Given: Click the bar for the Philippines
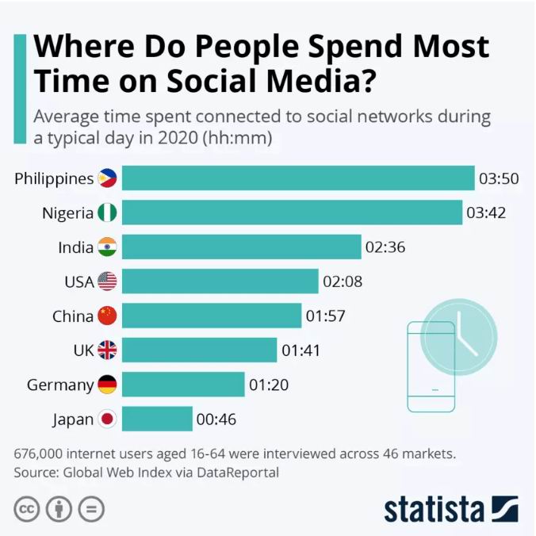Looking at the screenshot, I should click(x=297, y=178).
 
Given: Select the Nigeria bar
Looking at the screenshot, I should click(x=292, y=212).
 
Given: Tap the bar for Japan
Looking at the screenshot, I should click(x=157, y=419).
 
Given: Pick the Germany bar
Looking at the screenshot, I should click(x=183, y=385).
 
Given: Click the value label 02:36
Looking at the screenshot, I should click(x=385, y=247).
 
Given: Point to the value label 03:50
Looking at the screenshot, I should click(x=499, y=178).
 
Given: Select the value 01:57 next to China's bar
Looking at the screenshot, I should click(x=325, y=316).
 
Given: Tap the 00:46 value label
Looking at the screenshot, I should click(x=216, y=419).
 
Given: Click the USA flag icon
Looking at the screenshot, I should click(x=107, y=281).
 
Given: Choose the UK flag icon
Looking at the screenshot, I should click(x=107, y=350).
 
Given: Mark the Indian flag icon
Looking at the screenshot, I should click(x=107, y=247).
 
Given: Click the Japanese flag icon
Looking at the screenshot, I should click(x=107, y=419).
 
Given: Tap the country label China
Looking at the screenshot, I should click(x=73, y=316).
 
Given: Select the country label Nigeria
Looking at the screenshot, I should click(x=67, y=212).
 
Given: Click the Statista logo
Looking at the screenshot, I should click(x=451, y=508).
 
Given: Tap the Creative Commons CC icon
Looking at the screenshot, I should click(x=28, y=508).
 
